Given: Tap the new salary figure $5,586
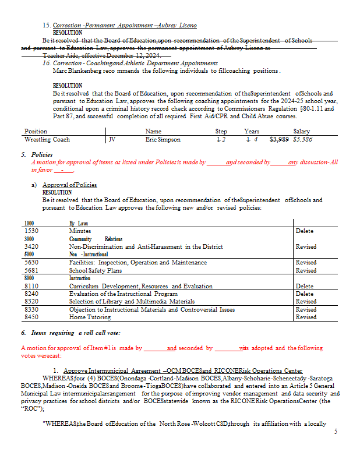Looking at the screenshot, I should [x=303, y=140].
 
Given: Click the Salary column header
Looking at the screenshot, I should [x=302, y=132].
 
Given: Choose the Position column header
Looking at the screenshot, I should [x=36, y=132].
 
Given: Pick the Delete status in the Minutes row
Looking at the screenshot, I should [x=305, y=231].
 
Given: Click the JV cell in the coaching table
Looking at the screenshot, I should [x=112, y=140].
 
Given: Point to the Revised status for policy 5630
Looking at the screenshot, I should [x=306, y=263].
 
